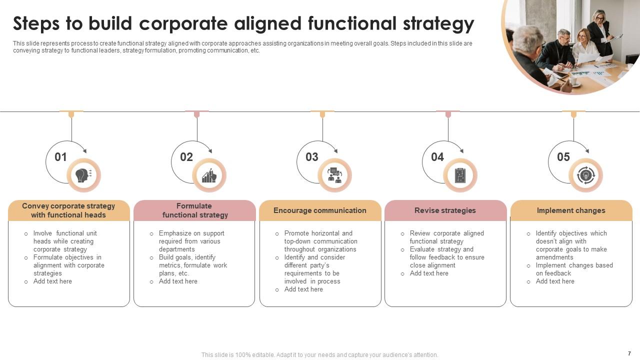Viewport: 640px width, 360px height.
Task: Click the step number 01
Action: tap(60, 157)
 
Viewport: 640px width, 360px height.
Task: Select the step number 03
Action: tap(312, 157)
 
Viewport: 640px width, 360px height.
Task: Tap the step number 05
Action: tap(563, 157)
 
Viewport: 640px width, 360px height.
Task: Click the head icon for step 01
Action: tap(83, 175)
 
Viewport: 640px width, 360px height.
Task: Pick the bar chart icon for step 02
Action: tap(209, 175)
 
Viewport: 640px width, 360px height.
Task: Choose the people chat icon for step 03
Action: tap(334, 175)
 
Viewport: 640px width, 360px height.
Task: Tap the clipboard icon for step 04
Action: tap(460, 175)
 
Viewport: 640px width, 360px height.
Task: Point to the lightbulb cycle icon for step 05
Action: tap(585, 175)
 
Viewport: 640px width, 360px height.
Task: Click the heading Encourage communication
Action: tap(320, 210)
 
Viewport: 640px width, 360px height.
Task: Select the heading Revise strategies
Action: tap(445, 210)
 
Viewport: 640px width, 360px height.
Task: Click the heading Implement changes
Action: tap(571, 210)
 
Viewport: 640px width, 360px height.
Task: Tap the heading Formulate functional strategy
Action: tap(194, 210)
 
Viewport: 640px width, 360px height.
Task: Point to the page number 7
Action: tap(629, 353)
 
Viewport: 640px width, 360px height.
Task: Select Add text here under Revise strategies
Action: tap(429, 273)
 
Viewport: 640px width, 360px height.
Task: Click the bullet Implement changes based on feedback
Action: tap(574, 269)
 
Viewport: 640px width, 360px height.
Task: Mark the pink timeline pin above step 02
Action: tap(197, 114)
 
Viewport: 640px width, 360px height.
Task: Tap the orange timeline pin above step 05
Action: tap(573, 114)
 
